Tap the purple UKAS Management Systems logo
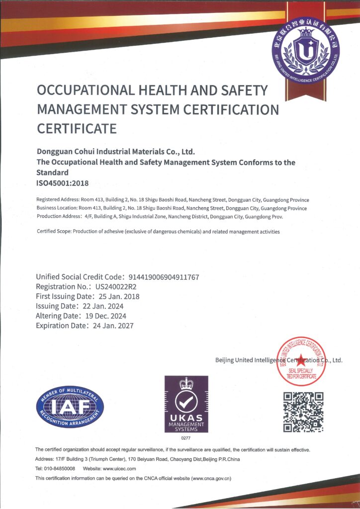[186, 404]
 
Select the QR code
[303, 412]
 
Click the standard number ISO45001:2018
[63, 183]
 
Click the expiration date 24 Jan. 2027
[112, 326]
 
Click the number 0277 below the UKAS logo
[186, 438]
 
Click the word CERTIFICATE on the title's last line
[77, 129]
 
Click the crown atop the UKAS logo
[186, 383]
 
